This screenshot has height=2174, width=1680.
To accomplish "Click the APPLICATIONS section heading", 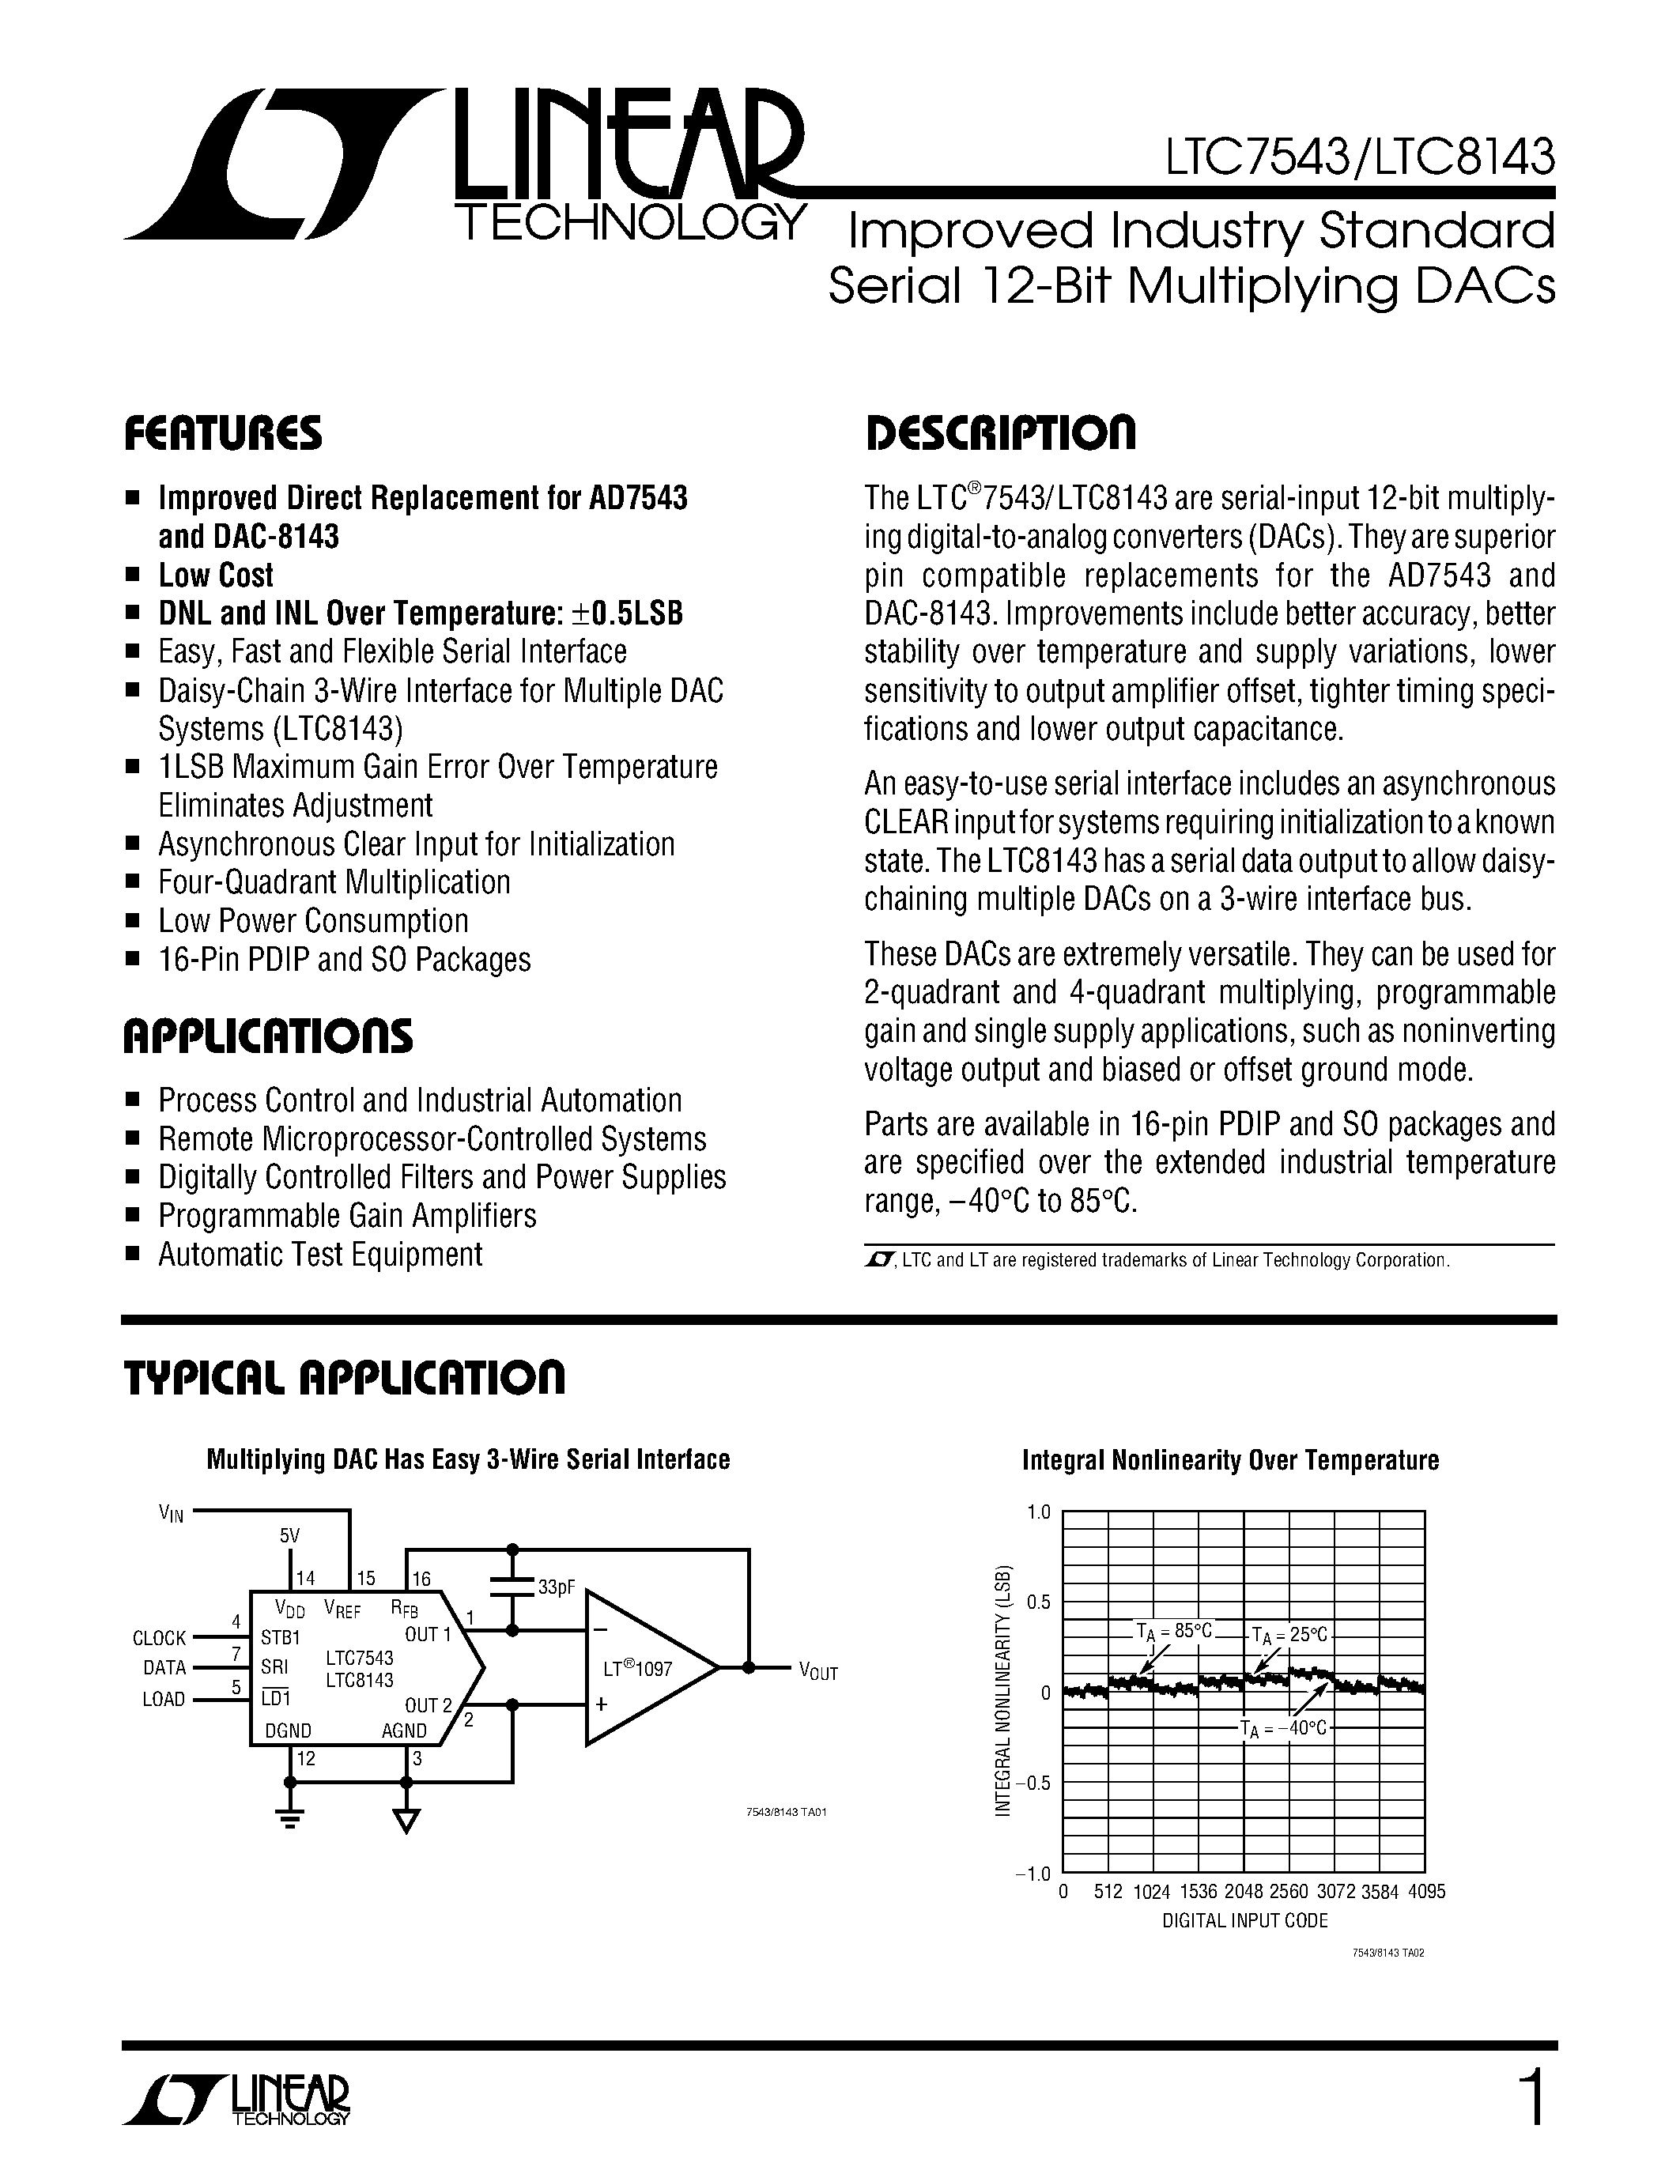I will pos(268,1036).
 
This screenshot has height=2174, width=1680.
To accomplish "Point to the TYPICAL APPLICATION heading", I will pos(345,1378).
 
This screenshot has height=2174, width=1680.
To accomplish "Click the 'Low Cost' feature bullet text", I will pos(216,576).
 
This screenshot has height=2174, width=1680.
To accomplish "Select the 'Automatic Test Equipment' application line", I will pos(319,1255).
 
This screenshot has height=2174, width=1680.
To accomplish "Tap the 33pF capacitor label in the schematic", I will pos(557,1587).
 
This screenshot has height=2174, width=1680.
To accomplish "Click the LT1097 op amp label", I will pos(638,1668).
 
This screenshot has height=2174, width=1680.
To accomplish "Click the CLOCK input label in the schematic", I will pos(159,1637).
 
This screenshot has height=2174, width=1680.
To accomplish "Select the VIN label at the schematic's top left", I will pos(172,1514).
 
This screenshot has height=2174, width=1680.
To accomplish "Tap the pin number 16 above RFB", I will pos(421,1578).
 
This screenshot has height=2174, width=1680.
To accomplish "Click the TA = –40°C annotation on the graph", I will pos(1284,1728).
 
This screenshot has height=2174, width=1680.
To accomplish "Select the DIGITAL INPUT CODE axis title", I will pos(1244,1920).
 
